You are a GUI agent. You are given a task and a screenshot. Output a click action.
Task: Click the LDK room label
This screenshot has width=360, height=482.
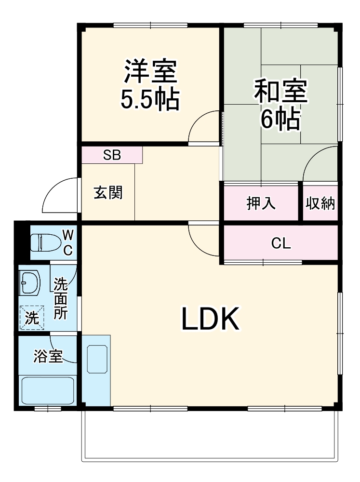(210, 319)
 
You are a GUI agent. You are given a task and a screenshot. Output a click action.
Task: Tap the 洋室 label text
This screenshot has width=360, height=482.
(150, 71)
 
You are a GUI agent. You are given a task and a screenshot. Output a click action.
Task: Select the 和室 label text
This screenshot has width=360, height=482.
(281, 92)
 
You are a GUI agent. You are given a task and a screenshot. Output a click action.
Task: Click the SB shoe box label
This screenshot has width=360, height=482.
(112, 155)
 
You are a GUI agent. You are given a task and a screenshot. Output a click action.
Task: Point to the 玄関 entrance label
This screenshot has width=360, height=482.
(108, 193)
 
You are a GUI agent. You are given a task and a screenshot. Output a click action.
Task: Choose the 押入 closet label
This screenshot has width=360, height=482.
(261, 203)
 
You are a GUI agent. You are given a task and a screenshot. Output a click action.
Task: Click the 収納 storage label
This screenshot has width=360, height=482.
(320, 203)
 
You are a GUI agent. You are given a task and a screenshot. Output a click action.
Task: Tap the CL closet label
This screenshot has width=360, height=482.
(281, 244)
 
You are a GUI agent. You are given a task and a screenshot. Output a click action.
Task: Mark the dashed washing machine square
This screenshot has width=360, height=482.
(32, 318)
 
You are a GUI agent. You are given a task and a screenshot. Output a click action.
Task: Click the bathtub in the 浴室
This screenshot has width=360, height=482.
(48, 390)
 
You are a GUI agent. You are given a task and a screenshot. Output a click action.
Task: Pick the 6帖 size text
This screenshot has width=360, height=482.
(280, 120)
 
